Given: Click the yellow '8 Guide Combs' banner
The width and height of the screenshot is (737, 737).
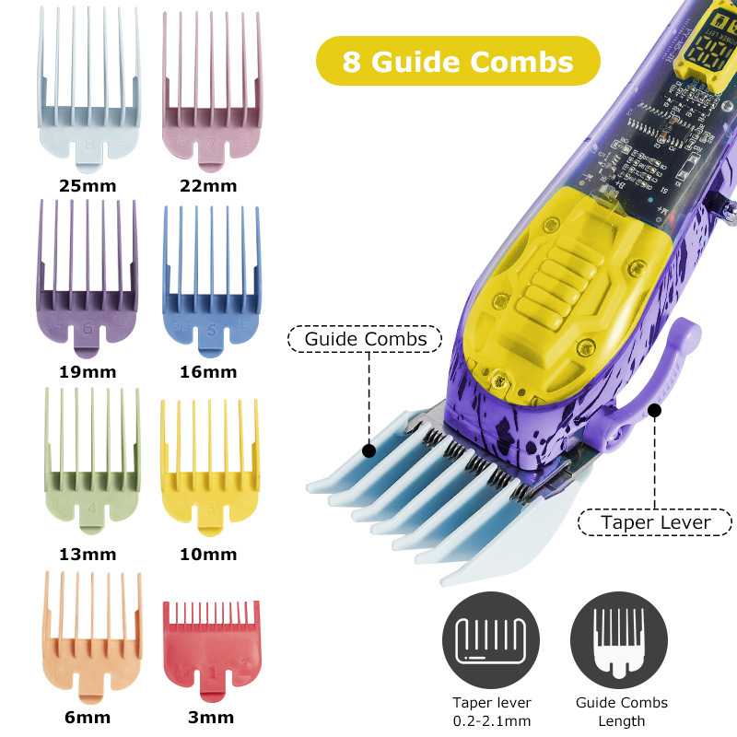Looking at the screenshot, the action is (x=458, y=62).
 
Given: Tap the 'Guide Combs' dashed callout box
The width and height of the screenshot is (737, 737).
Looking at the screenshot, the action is (x=365, y=339).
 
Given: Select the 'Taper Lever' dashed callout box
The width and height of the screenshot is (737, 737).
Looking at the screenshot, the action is (x=655, y=522).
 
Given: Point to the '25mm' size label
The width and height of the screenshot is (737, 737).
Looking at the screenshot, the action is (x=88, y=186).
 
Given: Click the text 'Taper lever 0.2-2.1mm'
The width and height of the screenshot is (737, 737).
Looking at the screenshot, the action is (x=490, y=712).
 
